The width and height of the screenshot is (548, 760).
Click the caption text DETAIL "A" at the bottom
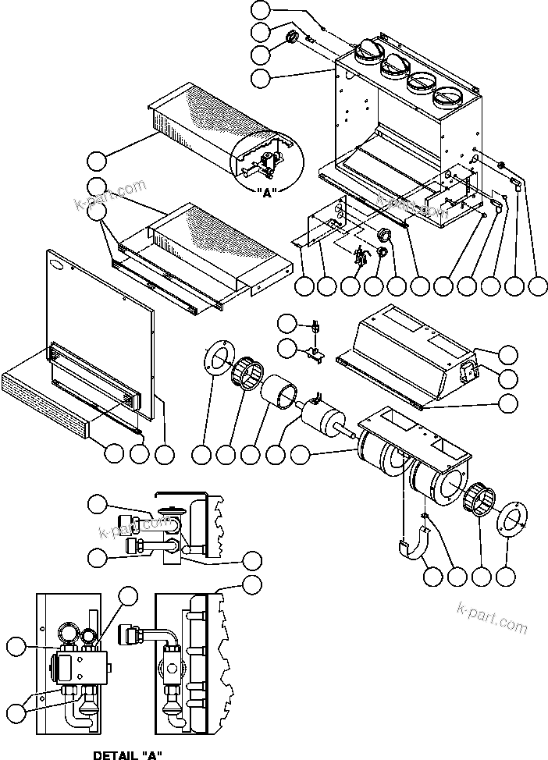[127, 754]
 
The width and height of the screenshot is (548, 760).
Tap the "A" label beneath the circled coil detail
[267, 194]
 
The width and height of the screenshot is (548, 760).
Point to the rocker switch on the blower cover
[471, 372]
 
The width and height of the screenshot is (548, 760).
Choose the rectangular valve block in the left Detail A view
[78, 669]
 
